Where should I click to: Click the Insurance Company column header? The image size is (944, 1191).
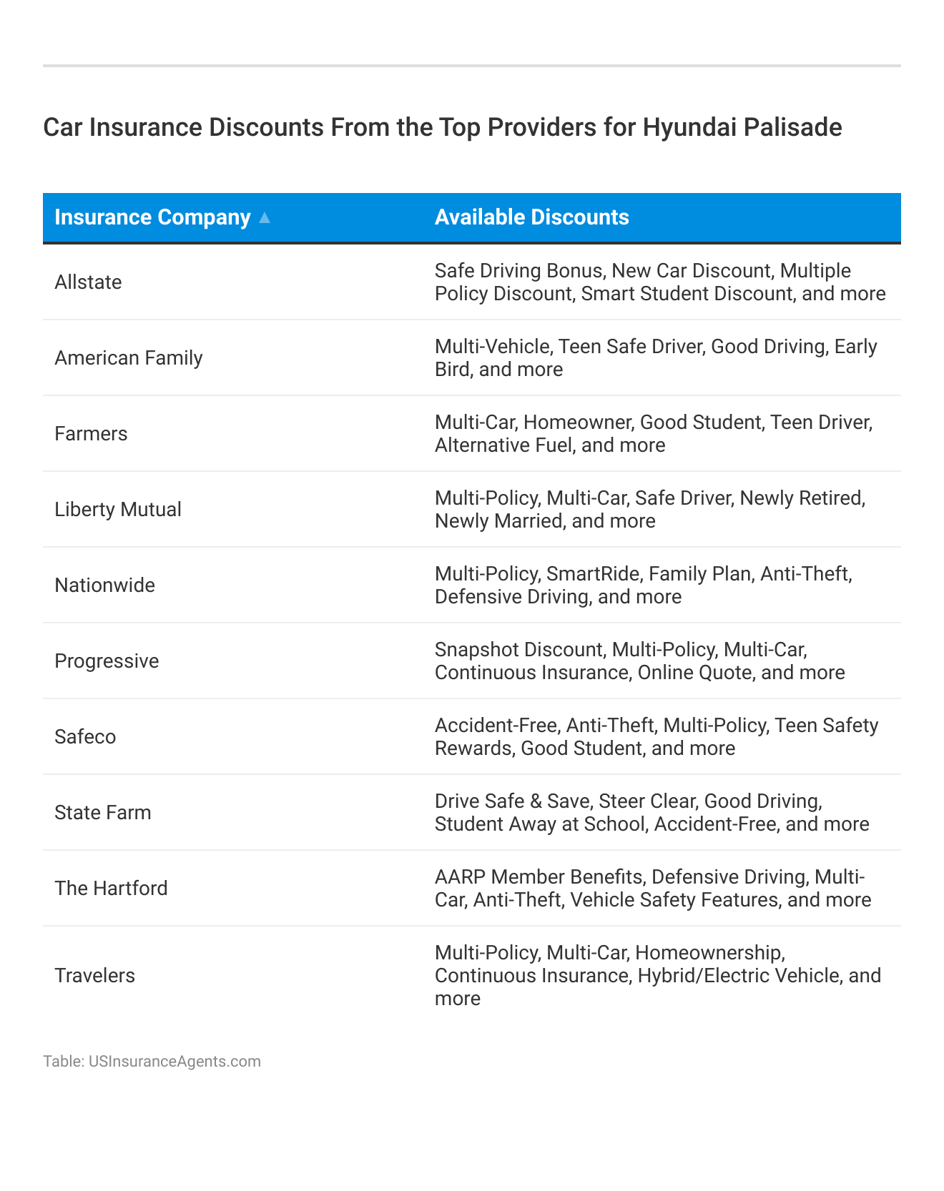152,217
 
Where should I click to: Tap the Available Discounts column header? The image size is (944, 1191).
531,217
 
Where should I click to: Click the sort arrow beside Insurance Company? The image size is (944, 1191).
265,218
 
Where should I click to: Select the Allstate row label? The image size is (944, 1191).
88,282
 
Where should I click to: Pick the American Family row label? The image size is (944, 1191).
129,358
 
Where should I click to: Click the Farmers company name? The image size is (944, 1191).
91,434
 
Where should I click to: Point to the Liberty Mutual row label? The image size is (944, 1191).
118,510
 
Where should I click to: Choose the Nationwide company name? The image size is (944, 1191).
104,585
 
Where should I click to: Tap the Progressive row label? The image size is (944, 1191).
107,661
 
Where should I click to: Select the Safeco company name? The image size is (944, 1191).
85,737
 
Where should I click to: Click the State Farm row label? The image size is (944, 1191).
103,813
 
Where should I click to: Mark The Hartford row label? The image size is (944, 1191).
111,889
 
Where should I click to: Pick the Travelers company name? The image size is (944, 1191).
94,976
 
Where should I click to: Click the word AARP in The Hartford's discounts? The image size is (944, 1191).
460,877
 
